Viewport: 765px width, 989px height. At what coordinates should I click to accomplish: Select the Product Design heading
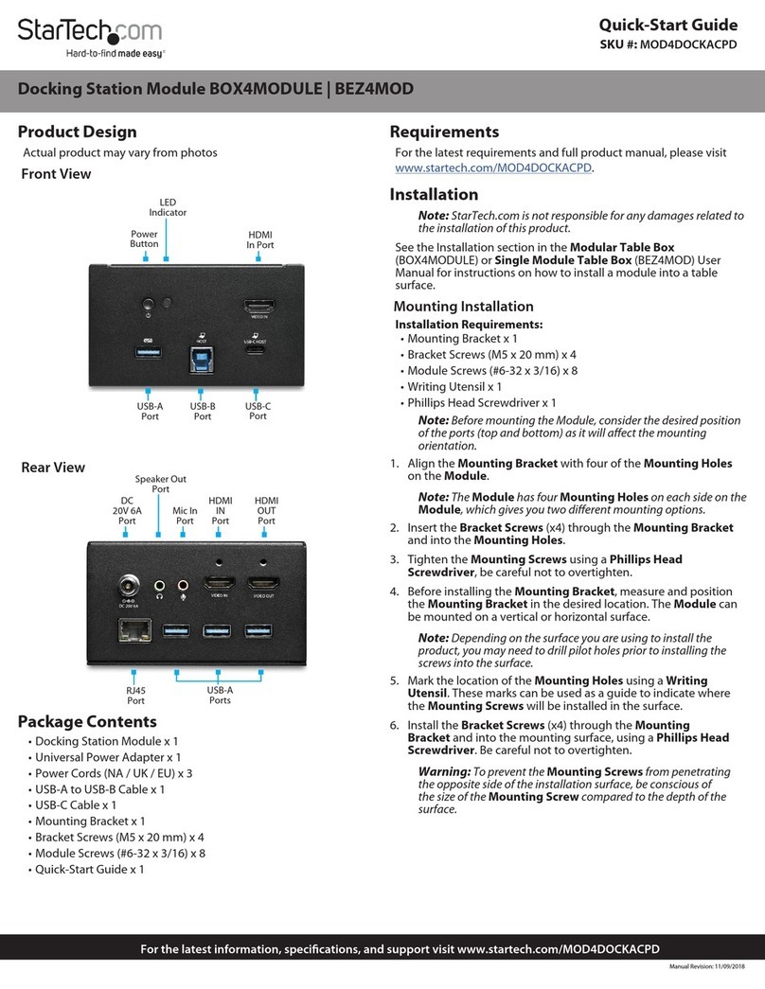[79, 132]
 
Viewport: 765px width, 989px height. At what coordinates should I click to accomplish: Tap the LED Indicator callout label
[167, 207]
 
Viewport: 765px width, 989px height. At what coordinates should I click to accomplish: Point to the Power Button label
[144, 238]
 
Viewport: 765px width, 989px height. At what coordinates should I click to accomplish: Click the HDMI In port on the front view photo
[258, 308]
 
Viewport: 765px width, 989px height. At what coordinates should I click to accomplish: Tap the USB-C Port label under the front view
[258, 411]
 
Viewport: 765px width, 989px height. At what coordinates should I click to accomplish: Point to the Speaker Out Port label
[160, 484]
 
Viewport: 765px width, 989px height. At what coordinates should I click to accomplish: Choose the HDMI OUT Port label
[266, 510]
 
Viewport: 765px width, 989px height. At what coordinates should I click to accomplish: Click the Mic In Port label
[185, 516]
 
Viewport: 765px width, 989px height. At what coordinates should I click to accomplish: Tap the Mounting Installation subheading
[463, 306]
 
